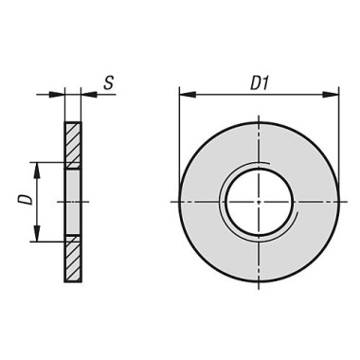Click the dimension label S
[x=109, y=82]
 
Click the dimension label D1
[x=260, y=84]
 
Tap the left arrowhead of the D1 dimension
[x=188, y=94]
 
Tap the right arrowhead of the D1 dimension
[x=331, y=94]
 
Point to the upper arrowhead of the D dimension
[x=37, y=171]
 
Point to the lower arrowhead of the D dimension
[x=37, y=233]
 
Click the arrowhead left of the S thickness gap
[x=56, y=94]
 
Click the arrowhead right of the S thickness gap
[x=89, y=94]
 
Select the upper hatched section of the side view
[x=73, y=145]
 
